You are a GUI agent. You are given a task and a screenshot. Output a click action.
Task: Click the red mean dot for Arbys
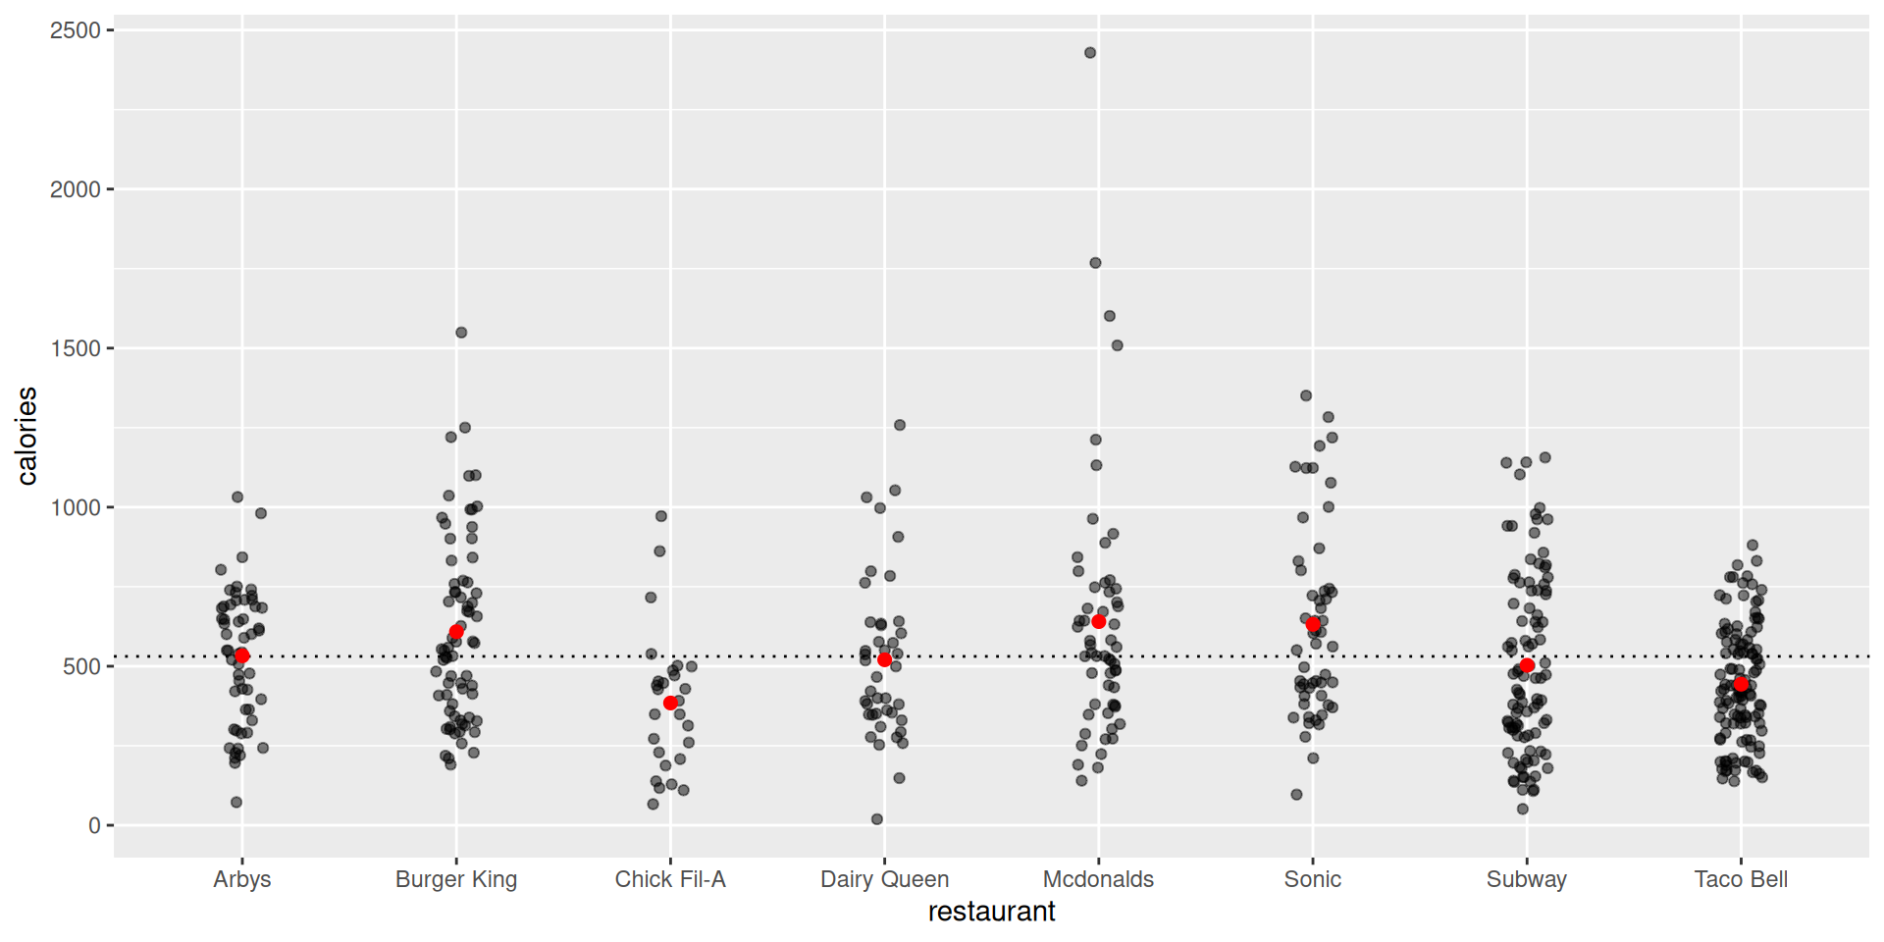pos(241,655)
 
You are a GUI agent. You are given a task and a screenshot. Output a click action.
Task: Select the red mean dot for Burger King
pos(456,632)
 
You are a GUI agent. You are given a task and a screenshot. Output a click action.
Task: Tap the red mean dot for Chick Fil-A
pos(670,703)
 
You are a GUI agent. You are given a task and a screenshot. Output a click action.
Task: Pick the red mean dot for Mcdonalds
pos(1099,622)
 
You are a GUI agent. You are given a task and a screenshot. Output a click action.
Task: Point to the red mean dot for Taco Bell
pos(1741,684)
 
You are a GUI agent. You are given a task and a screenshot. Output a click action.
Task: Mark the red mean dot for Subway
pos(1527,665)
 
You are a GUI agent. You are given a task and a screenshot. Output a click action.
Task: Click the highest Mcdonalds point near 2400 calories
pos(1090,53)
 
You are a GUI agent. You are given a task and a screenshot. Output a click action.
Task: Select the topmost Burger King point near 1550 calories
pos(461,333)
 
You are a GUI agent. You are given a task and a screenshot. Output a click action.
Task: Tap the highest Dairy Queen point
pos(900,425)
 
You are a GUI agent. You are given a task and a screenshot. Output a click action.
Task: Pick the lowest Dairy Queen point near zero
pos(877,819)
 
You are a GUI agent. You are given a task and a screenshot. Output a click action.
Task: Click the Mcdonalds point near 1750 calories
pos(1095,263)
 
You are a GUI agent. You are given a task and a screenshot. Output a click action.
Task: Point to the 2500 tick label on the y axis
pos(76,30)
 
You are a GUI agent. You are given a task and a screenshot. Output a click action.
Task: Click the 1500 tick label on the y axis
pos(76,348)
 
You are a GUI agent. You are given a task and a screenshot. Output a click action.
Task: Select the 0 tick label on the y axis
pos(94,825)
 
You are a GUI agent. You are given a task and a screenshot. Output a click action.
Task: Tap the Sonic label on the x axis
pos(1312,879)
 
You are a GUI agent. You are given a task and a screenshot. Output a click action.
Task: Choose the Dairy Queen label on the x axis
pos(884,879)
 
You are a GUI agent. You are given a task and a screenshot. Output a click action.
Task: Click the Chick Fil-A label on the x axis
pos(670,879)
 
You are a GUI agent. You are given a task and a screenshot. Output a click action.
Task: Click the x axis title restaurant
pos(991,912)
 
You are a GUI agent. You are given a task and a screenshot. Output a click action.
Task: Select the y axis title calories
pos(26,436)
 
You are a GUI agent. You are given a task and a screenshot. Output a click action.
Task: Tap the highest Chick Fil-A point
pos(661,516)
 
